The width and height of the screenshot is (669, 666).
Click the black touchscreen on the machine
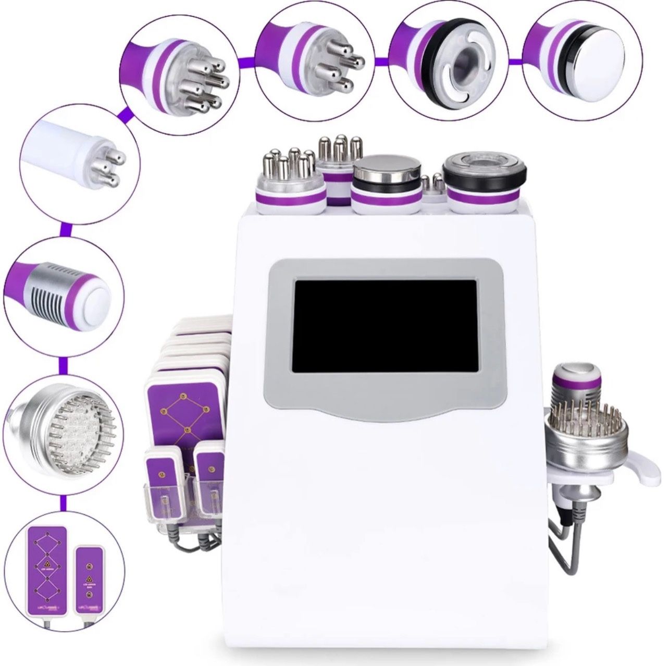coord(385,326)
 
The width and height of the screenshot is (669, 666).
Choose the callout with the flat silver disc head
coord(582,56)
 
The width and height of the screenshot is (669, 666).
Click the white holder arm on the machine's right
coord(633,469)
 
